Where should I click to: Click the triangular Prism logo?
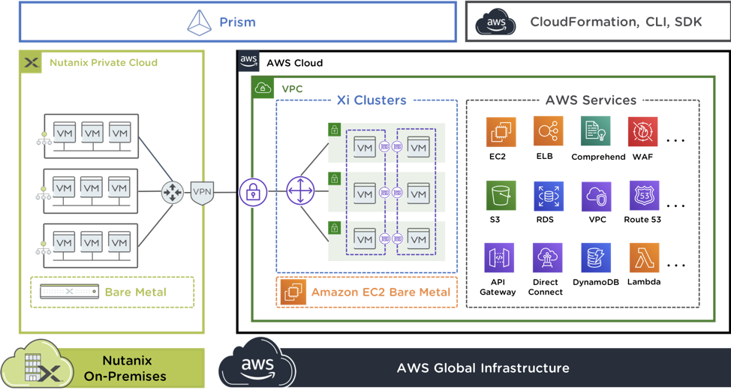[x=200, y=22]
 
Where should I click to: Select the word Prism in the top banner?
[x=237, y=22]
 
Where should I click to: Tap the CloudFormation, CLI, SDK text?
[x=615, y=22]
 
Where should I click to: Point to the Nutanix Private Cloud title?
[x=104, y=62]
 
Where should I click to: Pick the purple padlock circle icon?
[x=254, y=193]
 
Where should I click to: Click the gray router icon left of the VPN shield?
[x=173, y=193]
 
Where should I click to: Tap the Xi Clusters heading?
[x=372, y=100]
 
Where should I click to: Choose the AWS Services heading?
[x=591, y=100]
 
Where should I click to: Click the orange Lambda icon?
[x=642, y=257]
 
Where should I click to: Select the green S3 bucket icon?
[x=501, y=195]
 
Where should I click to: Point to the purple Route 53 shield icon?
[x=642, y=195]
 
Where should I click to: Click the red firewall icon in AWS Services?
[x=642, y=131]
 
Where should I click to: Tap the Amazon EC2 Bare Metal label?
[x=381, y=292]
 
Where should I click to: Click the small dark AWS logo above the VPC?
[x=248, y=61]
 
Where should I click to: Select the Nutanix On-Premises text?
[x=134, y=369]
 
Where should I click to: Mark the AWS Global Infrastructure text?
[x=483, y=368]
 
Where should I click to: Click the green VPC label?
[x=292, y=88]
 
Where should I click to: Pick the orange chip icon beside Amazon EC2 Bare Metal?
[x=293, y=292]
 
